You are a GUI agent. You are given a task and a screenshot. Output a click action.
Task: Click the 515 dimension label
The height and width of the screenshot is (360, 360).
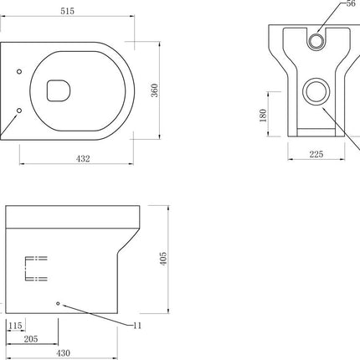point(68,11)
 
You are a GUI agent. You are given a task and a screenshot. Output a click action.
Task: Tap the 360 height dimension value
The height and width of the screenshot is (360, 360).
point(154,90)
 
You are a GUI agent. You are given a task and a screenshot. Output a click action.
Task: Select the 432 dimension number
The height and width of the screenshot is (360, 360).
point(83,159)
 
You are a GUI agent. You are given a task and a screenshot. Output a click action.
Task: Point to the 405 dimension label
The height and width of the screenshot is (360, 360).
point(163,259)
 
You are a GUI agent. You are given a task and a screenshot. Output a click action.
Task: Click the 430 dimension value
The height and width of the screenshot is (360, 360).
point(64,353)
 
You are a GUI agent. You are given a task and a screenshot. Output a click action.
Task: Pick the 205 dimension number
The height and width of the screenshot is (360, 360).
point(31,339)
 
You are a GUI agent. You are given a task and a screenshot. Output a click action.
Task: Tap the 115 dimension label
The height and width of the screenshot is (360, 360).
point(15,326)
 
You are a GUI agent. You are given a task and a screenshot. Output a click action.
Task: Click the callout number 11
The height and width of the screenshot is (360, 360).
point(137,326)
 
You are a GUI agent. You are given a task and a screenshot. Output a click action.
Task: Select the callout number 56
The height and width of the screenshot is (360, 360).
point(351,3)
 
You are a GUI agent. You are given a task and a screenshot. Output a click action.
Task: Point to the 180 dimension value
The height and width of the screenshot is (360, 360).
point(263,116)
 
